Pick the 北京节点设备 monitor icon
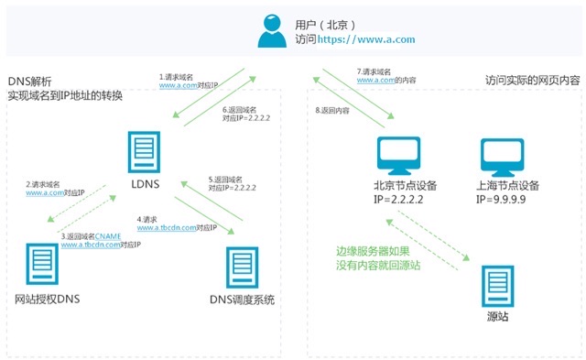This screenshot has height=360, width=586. [x=399, y=158]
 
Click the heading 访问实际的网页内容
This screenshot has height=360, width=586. [x=531, y=80]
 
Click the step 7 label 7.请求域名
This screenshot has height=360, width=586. [x=374, y=71]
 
